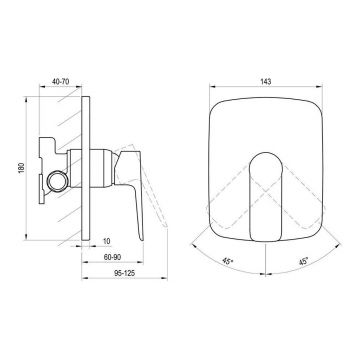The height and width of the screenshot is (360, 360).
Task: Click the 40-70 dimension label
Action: point(60,81)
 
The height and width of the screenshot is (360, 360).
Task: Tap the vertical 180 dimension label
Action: point(22,169)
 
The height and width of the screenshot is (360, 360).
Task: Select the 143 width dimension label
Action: point(266,81)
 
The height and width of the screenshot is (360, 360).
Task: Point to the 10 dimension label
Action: point(106,241)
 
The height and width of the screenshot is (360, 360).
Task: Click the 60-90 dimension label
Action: point(112,257)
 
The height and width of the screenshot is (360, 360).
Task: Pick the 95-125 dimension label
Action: point(125,273)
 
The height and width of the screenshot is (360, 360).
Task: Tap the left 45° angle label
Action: point(227,261)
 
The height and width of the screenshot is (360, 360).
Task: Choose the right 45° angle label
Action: point(303,261)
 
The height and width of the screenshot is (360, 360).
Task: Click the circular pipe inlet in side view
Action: point(58,181)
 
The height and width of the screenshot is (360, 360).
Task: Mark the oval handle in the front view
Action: point(266,197)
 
